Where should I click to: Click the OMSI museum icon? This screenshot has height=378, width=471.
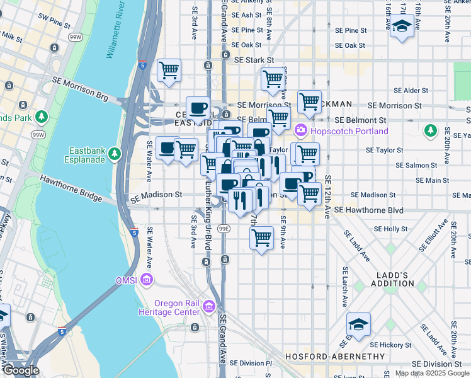[147, 279]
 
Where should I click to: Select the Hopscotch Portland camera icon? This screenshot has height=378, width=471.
[300, 130]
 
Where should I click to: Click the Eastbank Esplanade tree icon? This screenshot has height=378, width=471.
[114, 154]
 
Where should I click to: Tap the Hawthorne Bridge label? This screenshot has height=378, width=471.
[71, 188]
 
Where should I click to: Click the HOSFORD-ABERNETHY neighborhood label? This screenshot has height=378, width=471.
[335, 357]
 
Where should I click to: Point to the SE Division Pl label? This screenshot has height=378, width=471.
[251, 363]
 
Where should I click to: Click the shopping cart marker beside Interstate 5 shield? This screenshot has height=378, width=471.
[169, 71]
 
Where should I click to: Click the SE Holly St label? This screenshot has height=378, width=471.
[391, 229]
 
